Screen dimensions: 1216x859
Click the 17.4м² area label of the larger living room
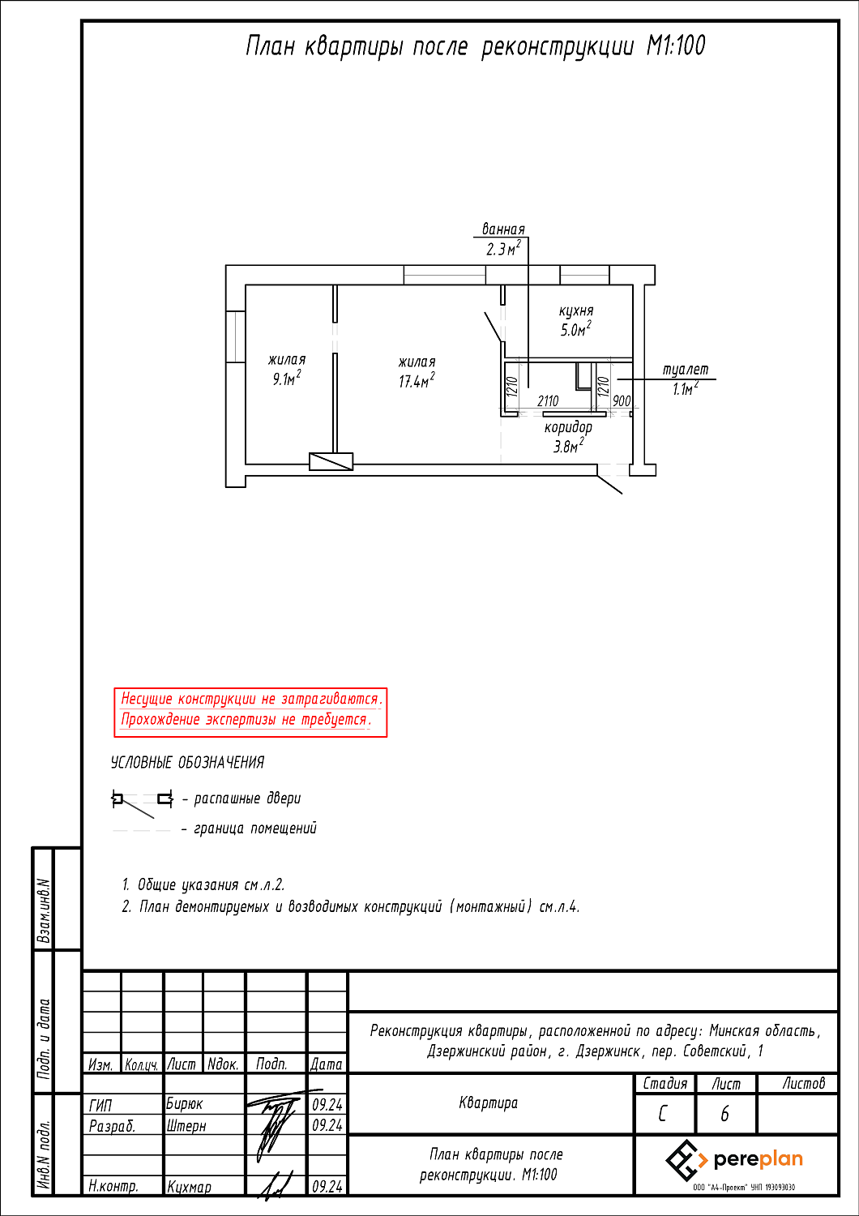tap(416, 381)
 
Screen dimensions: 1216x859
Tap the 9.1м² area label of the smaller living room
tap(287, 379)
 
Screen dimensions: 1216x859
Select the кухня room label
tap(576, 311)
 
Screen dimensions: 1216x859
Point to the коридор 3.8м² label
tap(568, 437)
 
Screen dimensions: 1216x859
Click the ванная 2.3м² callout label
tap(503, 240)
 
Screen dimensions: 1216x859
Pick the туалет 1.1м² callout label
tap(686, 379)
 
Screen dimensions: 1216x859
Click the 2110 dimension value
tap(548, 400)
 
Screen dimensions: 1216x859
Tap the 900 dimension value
tap(622, 400)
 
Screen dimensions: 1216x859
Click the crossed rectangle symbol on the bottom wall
tap(331, 461)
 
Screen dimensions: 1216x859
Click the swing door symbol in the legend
tap(143, 800)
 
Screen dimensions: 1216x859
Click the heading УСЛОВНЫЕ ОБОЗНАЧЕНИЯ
tap(187, 763)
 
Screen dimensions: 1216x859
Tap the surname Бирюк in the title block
tap(185, 1104)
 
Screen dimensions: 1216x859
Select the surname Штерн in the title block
tap(186, 1125)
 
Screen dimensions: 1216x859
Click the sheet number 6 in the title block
tap(724, 1114)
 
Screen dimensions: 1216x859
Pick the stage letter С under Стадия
tap(663, 1114)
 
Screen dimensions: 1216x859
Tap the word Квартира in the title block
tap(488, 1103)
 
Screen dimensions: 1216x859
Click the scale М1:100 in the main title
tap(676, 46)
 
